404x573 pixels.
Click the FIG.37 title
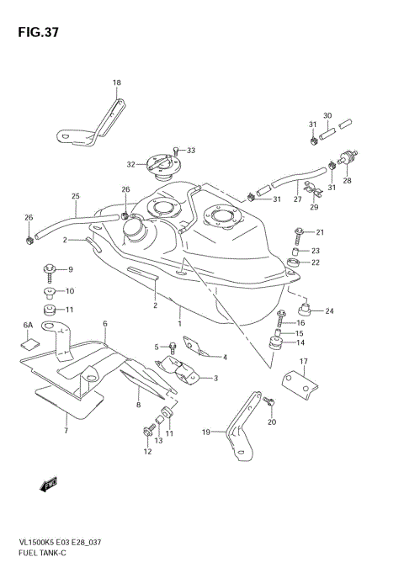point(35,33)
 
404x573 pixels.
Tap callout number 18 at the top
point(117,82)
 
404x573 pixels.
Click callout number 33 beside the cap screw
point(191,151)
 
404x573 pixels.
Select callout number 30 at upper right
point(327,115)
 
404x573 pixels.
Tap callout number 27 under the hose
point(297,199)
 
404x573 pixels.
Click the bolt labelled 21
point(299,232)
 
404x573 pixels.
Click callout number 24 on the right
point(329,311)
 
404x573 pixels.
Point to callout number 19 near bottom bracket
point(205,432)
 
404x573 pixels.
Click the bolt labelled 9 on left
point(49,270)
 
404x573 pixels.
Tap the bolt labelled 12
point(150,435)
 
